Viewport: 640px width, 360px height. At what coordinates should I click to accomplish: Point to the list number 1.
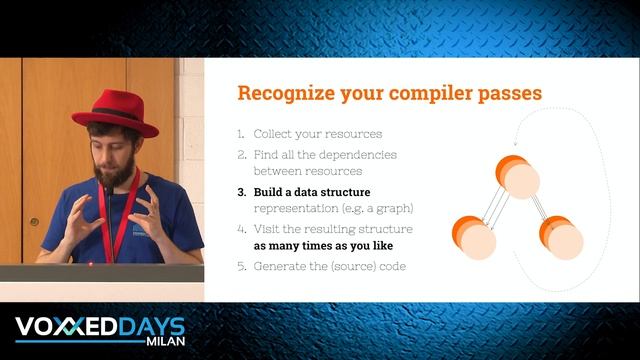coord(241,134)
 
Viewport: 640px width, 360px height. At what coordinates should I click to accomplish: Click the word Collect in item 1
coord(276,134)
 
